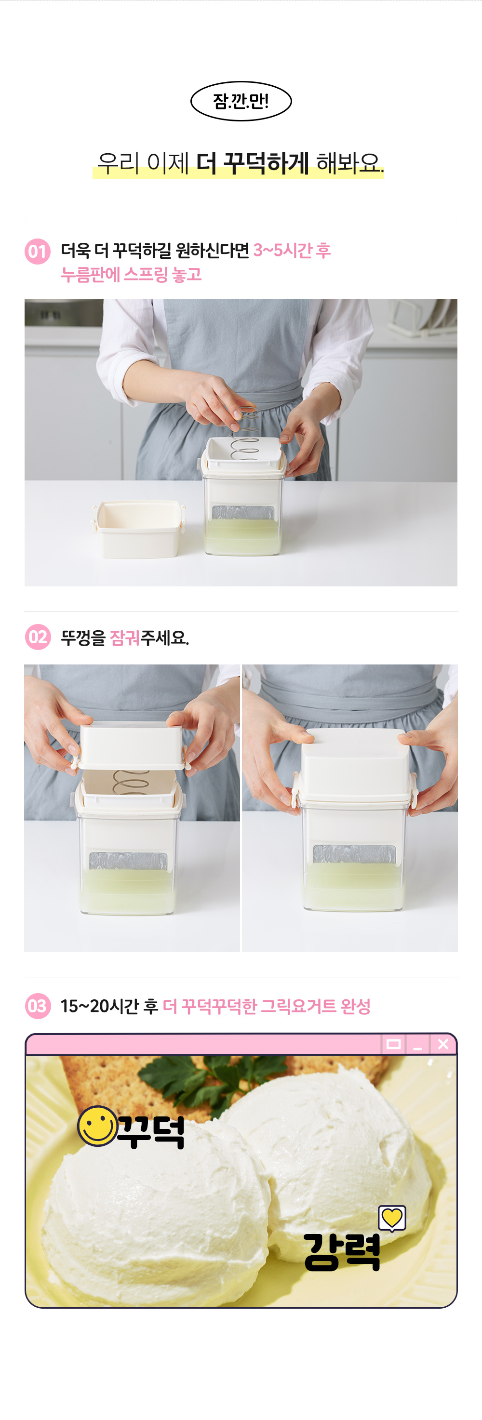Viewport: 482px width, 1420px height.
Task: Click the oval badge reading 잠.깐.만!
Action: (241, 101)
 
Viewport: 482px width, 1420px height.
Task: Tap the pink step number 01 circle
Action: (38, 252)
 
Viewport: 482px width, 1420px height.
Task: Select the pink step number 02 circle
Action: (38, 637)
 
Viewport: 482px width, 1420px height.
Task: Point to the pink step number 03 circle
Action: (38, 1006)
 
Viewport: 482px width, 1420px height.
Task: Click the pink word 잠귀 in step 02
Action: (125, 638)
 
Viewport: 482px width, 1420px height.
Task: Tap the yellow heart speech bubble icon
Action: (392, 1218)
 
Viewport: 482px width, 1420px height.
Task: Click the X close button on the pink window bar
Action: (443, 1044)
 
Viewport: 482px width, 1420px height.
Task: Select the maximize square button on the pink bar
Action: (393, 1044)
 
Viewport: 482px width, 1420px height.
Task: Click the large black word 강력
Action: (342, 1252)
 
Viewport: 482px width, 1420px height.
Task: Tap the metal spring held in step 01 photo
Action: (246, 434)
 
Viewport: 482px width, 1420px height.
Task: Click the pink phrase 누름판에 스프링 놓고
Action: (131, 275)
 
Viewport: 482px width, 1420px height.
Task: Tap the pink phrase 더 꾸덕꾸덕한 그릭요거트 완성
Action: (267, 1006)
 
